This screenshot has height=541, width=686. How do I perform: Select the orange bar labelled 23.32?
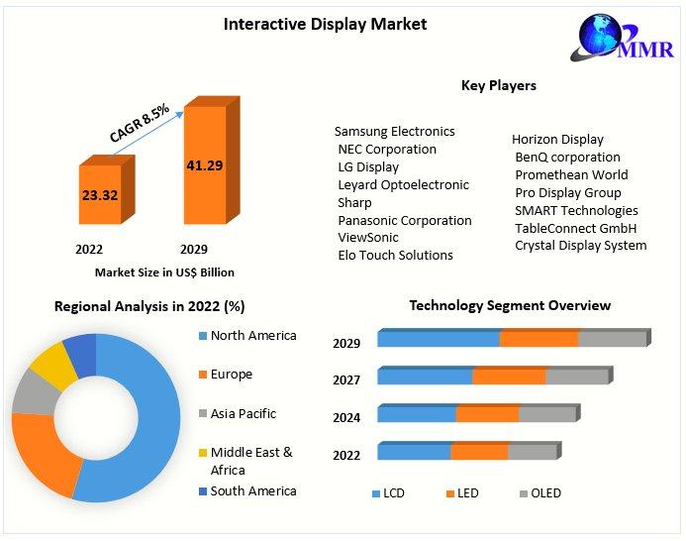click(x=100, y=196)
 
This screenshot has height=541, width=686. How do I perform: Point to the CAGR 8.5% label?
click(x=140, y=121)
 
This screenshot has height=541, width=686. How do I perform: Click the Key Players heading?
click(x=499, y=85)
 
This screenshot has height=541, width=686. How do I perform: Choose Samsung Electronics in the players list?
click(x=394, y=131)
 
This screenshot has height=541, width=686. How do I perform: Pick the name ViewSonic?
click(x=367, y=237)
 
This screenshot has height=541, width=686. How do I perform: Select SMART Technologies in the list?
click(x=576, y=210)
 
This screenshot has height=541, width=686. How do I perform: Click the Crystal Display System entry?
click(x=580, y=246)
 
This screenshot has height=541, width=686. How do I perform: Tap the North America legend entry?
click(x=252, y=336)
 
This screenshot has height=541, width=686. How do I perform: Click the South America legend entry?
click(x=252, y=490)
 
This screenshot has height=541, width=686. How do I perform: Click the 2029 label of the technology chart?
click(x=346, y=343)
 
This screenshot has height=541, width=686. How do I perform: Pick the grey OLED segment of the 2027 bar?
click(x=576, y=377)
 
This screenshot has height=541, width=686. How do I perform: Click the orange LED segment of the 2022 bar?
click(x=479, y=452)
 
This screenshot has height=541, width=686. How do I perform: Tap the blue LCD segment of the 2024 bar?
click(x=417, y=413)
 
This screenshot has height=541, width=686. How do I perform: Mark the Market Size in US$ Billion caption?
click(x=164, y=271)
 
